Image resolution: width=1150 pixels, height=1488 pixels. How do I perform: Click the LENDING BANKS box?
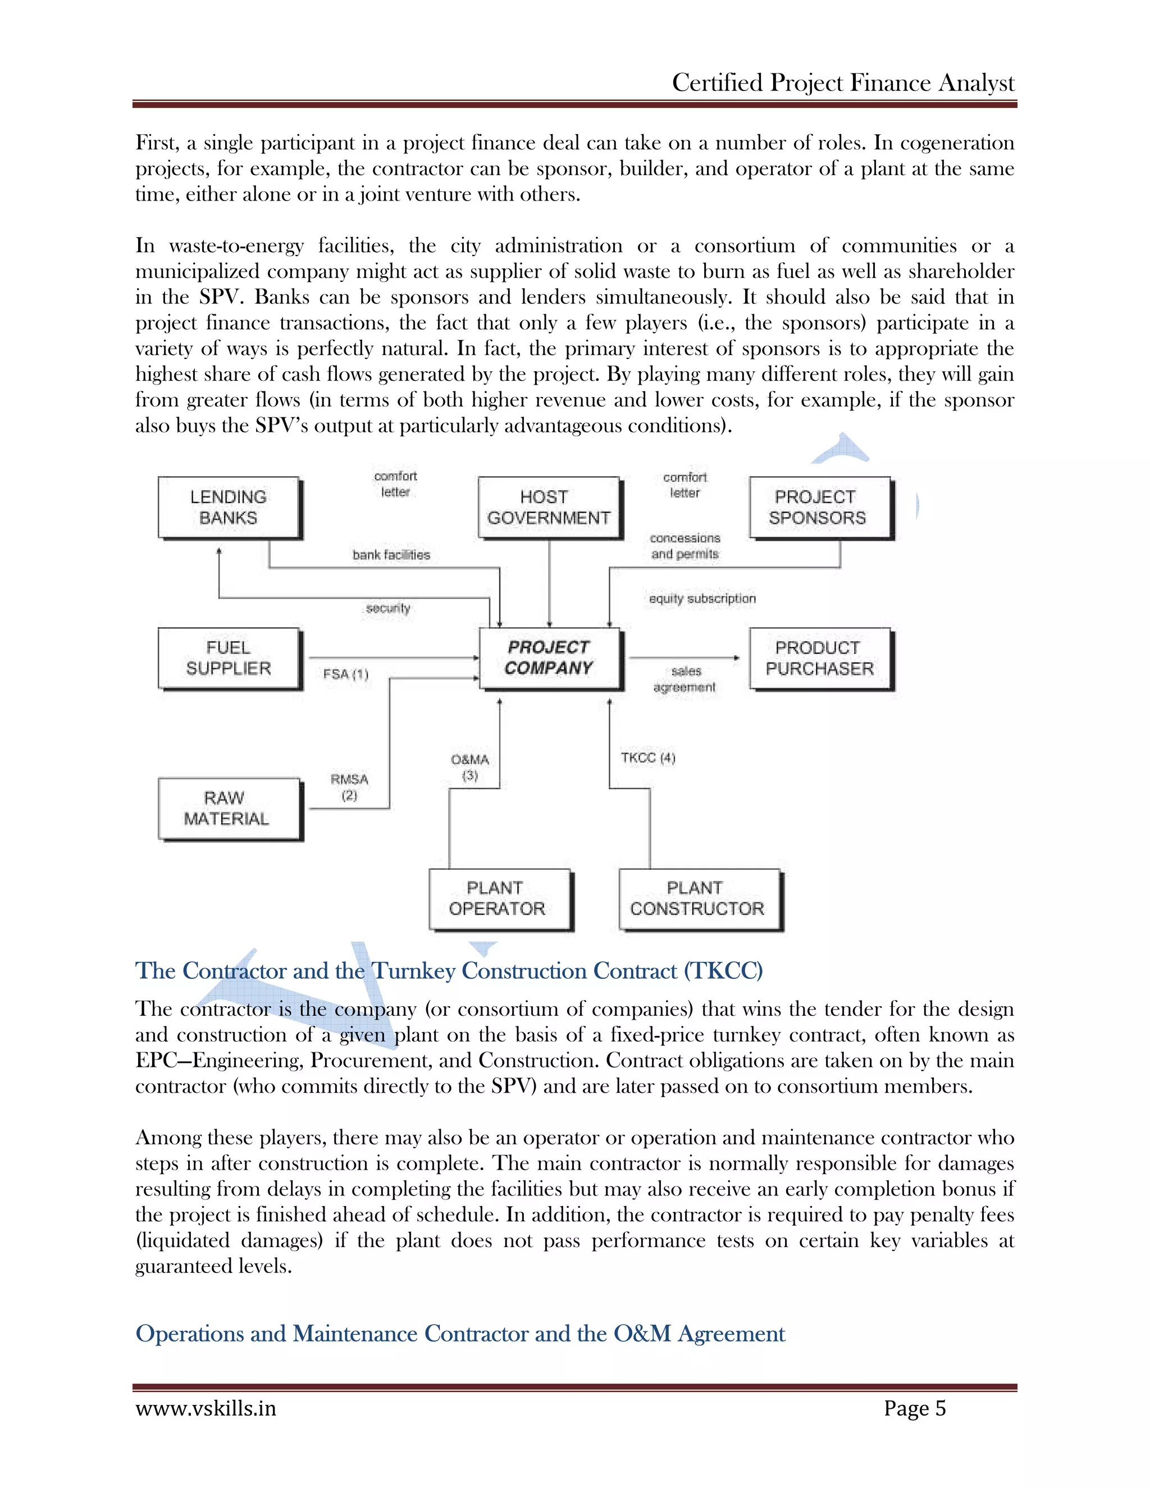[229, 508]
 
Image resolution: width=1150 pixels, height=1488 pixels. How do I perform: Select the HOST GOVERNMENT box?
[549, 508]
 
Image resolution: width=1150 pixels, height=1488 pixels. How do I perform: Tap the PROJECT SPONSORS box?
[820, 508]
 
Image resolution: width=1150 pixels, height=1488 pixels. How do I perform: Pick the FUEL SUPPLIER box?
[229, 658]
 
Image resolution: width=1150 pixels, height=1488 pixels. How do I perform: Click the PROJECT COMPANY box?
[549, 658]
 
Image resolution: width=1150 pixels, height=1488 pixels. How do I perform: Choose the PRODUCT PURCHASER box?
[820, 658]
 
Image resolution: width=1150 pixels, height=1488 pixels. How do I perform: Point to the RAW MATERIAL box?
[229, 809]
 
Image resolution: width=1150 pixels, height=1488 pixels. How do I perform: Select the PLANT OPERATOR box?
[499, 898]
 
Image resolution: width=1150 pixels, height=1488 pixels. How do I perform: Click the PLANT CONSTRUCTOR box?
[699, 898]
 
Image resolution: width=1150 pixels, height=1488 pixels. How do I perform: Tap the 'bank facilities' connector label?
[391, 555]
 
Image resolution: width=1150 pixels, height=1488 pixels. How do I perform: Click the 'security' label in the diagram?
[387, 608]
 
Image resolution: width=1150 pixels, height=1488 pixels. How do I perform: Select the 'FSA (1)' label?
[345, 674]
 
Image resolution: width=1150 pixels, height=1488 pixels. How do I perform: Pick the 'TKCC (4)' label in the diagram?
[648, 757]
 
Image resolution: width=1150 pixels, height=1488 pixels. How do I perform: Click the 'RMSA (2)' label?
[349, 787]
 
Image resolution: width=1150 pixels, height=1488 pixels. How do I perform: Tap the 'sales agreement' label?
[684, 679]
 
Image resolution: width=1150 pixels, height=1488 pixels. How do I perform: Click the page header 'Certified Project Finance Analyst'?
[843, 83]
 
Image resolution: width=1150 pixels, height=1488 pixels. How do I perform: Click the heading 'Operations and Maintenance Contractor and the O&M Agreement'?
[460, 1334]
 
